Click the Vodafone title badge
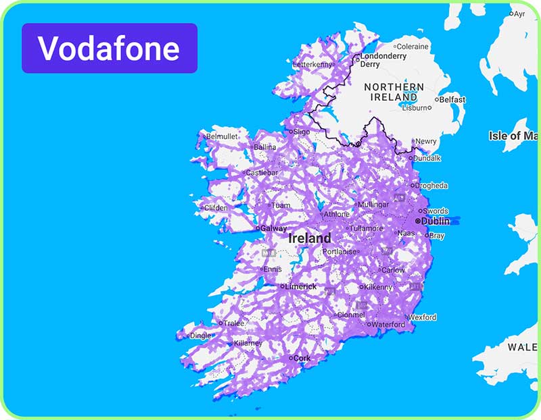coord(109,48)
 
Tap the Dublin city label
coord(435,221)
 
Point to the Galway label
coord(273,228)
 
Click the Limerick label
coord(300,286)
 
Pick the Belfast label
coord(452,100)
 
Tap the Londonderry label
coord(383,57)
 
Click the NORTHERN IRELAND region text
coord(394,92)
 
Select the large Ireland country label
coord(310,238)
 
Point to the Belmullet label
coord(222,136)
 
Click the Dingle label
coord(199,335)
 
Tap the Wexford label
coord(422,317)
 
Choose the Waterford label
coord(389,325)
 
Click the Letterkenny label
coord(313,65)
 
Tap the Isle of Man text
coord(514,136)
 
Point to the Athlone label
coord(337,215)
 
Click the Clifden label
coord(217,207)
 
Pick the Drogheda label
coord(431,186)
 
